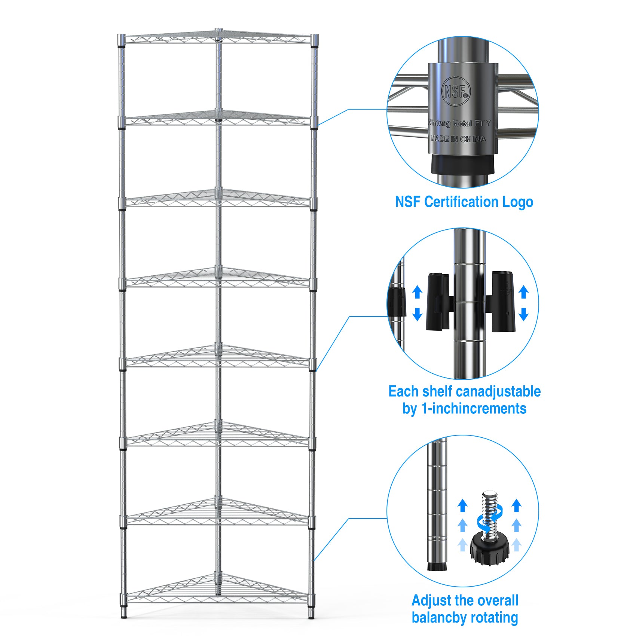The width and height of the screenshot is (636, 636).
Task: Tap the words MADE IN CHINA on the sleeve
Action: (x=458, y=139)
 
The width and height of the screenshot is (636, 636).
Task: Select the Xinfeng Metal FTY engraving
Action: (x=459, y=123)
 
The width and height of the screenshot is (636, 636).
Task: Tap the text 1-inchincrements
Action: (x=474, y=409)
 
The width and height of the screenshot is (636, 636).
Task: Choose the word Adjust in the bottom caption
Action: (x=431, y=600)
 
